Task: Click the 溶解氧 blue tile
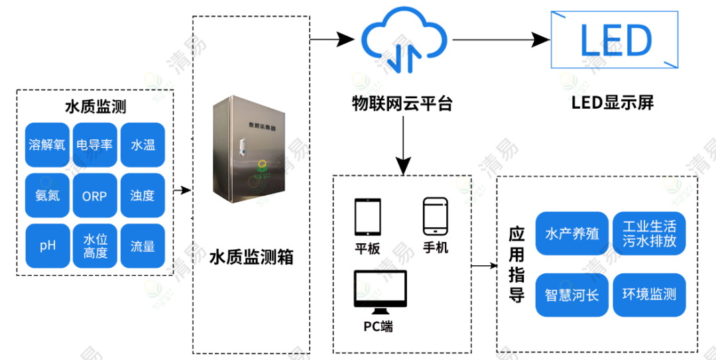tap(47, 145)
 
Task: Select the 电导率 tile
tap(95, 145)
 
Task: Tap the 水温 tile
tap(143, 145)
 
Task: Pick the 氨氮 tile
tap(47, 196)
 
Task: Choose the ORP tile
tap(95, 196)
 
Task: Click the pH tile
tap(47, 246)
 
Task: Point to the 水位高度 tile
tap(95, 246)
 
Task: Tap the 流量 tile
tap(143, 246)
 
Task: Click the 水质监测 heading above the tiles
tap(95, 106)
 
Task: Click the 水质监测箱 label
tap(251, 257)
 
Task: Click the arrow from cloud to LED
tap(501, 40)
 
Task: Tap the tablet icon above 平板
tap(368, 216)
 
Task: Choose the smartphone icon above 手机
tap(436, 215)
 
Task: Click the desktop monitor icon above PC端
tap(380, 292)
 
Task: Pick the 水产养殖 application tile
tap(571, 234)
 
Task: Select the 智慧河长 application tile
tap(571, 294)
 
